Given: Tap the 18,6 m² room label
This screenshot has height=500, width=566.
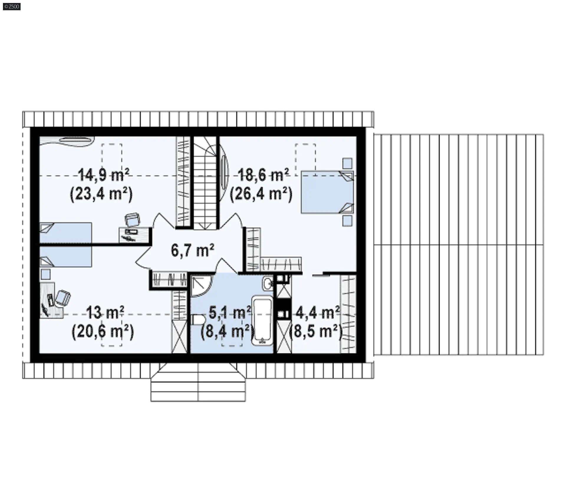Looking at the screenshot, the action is click(x=263, y=175).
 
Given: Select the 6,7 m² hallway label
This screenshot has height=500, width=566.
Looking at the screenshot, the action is click(x=192, y=250).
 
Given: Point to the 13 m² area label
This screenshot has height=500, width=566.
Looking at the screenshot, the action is click(x=105, y=313).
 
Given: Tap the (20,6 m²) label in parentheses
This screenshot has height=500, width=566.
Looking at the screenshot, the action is click(x=103, y=332).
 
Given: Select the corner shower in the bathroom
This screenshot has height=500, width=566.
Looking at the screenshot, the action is click(x=201, y=286).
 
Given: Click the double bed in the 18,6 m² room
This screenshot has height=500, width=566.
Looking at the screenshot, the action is click(x=327, y=192).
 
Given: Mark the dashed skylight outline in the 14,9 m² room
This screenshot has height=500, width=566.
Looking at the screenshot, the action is click(x=112, y=160).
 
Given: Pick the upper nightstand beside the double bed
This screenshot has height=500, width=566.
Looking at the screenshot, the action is click(x=347, y=163).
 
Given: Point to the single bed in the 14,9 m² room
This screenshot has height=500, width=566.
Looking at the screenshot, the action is click(x=65, y=233).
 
